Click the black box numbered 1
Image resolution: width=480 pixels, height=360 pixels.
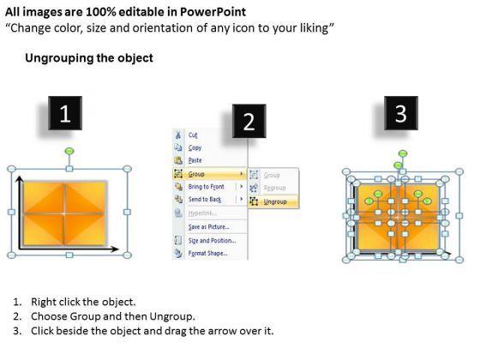pyautogui.click(x=65, y=113)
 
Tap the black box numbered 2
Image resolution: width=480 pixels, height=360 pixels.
pyautogui.click(x=249, y=121)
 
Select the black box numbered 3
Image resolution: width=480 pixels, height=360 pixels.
pyautogui.click(x=401, y=113)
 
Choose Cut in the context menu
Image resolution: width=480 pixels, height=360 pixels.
pyautogui.click(x=193, y=135)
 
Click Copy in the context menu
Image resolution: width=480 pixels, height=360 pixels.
pyautogui.click(x=195, y=147)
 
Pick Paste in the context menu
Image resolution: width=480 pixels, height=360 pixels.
pyautogui.click(x=195, y=160)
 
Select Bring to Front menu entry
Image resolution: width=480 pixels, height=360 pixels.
pyautogui.click(x=206, y=187)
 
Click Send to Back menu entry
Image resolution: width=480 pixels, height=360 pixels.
pyautogui.click(x=205, y=199)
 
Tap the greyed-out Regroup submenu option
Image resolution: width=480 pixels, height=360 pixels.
pyautogui.click(x=274, y=188)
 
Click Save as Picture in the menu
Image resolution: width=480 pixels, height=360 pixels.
pyautogui.click(x=209, y=227)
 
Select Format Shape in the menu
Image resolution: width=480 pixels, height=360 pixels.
pyautogui.click(x=207, y=253)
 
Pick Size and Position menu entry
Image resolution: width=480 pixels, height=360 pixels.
pyautogui.click(x=212, y=241)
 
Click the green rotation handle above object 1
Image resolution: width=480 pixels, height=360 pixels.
pyautogui.click(x=69, y=151)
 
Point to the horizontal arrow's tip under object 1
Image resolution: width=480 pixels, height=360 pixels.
pyautogui.click(x=119, y=249)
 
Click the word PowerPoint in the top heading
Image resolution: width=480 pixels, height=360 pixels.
pyautogui.click(x=213, y=12)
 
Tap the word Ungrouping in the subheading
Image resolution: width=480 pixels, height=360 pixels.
pyautogui.click(x=57, y=58)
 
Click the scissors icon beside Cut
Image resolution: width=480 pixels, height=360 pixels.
pyautogui.click(x=178, y=135)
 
